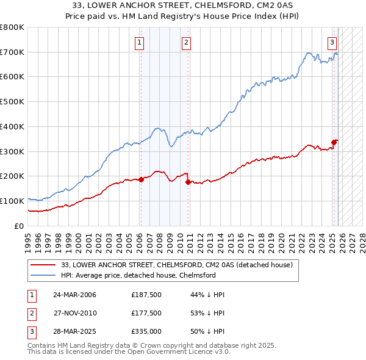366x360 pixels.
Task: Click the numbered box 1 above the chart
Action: click(x=140, y=43)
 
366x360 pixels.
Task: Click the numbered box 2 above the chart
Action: click(x=185, y=43)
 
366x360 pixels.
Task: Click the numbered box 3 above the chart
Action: click(x=332, y=43)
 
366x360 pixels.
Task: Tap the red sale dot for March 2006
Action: click(x=141, y=179)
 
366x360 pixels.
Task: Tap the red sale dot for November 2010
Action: click(x=188, y=182)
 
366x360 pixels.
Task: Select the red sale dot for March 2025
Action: click(x=334, y=143)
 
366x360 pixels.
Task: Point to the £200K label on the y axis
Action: click(x=12, y=176)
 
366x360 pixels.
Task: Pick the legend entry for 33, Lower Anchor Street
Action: click(x=177, y=265)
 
